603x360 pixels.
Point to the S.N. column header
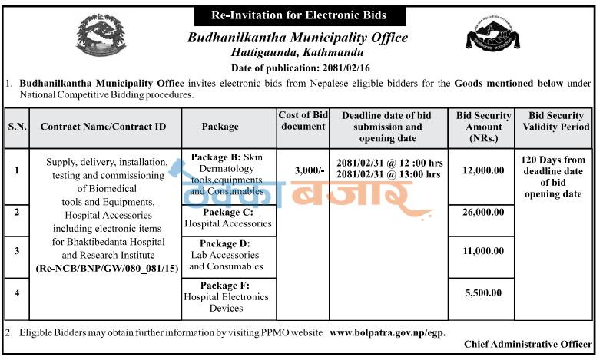click(x=17, y=126)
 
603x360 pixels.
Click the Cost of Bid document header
click(x=303, y=121)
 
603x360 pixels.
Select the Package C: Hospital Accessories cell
click(x=227, y=218)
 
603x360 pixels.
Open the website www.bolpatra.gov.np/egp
click(x=386, y=333)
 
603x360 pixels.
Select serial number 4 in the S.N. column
click(x=17, y=292)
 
